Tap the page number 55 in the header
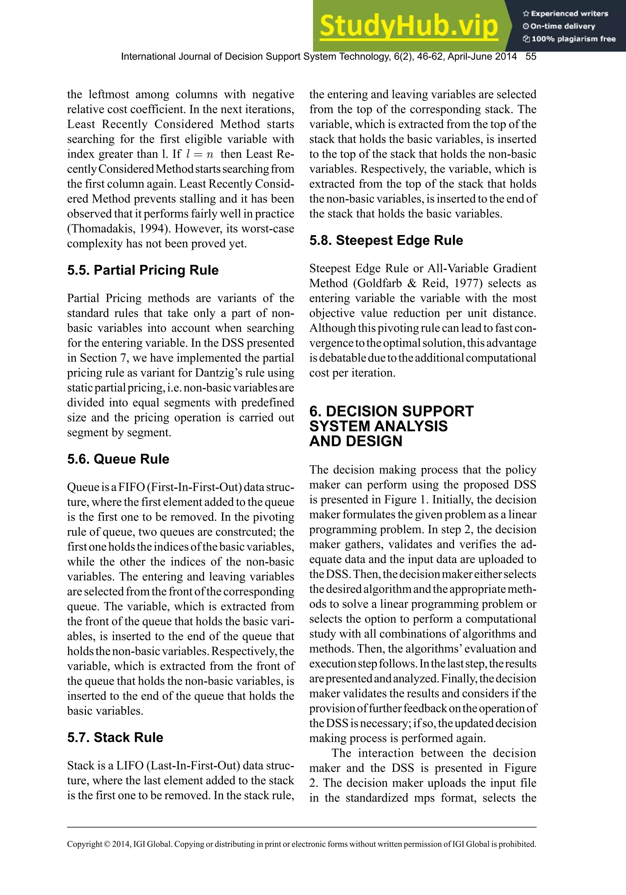[531, 57]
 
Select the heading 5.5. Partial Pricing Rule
[142, 270]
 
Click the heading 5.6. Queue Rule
[118, 459]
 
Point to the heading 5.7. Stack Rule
[115, 737]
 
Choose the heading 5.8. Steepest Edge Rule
[386, 240]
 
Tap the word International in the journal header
[148, 57]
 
